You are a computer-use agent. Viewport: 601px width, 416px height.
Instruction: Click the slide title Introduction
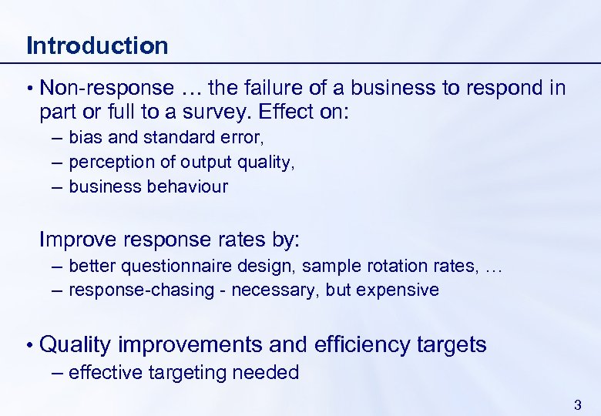(x=97, y=45)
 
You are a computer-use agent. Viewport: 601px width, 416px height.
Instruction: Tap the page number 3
(x=578, y=404)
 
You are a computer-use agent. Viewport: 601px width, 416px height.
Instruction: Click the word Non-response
(x=106, y=88)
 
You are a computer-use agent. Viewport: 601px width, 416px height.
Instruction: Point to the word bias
(x=84, y=137)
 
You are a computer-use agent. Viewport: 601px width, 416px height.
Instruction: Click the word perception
(x=112, y=162)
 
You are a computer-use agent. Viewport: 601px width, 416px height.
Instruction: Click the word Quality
(x=76, y=344)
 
